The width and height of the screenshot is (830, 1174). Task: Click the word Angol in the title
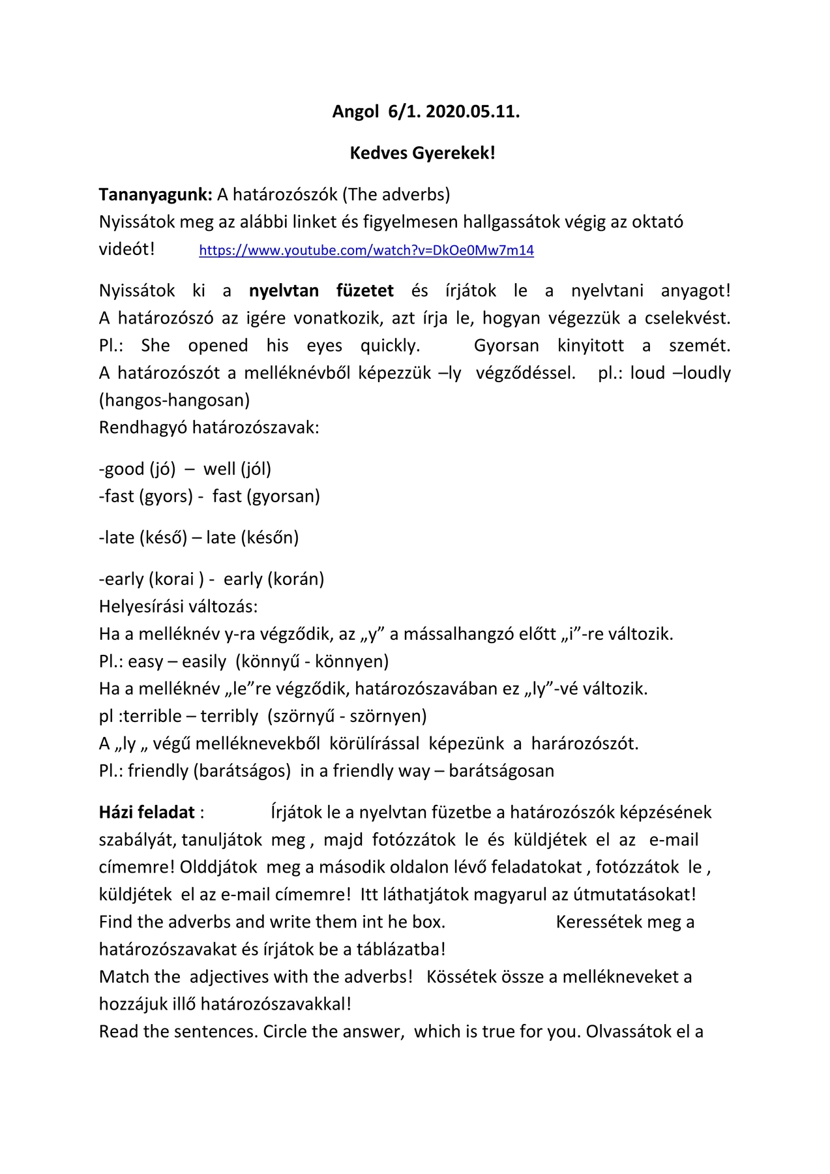click(355, 112)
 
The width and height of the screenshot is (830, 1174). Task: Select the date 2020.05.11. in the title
click(473, 112)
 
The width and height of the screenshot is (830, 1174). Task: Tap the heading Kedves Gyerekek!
click(422, 153)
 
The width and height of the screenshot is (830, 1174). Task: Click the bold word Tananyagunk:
click(156, 194)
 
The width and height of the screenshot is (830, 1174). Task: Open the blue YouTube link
click(366, 250)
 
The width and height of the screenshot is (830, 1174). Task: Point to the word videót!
click(127, 249)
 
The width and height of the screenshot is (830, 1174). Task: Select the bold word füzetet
click(365, 291)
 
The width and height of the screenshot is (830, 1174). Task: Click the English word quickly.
click(390, 346)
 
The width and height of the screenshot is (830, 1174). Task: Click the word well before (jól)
click(220, 469)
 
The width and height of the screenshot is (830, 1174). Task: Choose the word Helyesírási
click(143, 607)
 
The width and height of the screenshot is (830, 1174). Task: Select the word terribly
click(229, 716)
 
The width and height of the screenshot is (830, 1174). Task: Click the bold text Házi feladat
click(147, 813)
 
